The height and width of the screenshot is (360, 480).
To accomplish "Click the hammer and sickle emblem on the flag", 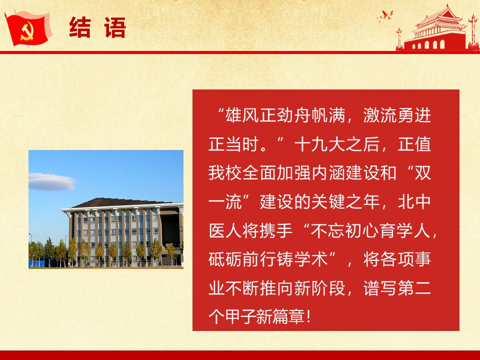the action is pyautogui.click(x=27, y=32).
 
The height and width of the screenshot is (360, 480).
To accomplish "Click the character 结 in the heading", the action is pyautogui.click(x=80, y=28).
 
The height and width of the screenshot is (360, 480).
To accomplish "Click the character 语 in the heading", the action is pyautogui.click(x=115, y=28).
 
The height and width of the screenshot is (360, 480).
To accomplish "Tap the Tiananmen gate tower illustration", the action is pyautogui.click(x=438, y=28).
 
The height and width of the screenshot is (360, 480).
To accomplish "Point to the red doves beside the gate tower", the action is pyautogui.click(x=385, y=15).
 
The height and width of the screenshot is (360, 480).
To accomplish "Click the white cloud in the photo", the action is pyautogui.click(x=51, y=181).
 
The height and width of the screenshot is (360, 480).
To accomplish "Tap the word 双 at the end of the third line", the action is pyautogui.click(x=422, y=173).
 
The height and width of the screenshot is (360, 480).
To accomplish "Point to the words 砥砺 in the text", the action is pyautogui.click(x=225, y=259).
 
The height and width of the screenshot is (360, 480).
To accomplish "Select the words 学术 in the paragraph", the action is pyautogui.click(x=311, y=259).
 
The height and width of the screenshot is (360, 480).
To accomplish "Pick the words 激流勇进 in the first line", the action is pyautogui.click(x=397, y=115).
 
